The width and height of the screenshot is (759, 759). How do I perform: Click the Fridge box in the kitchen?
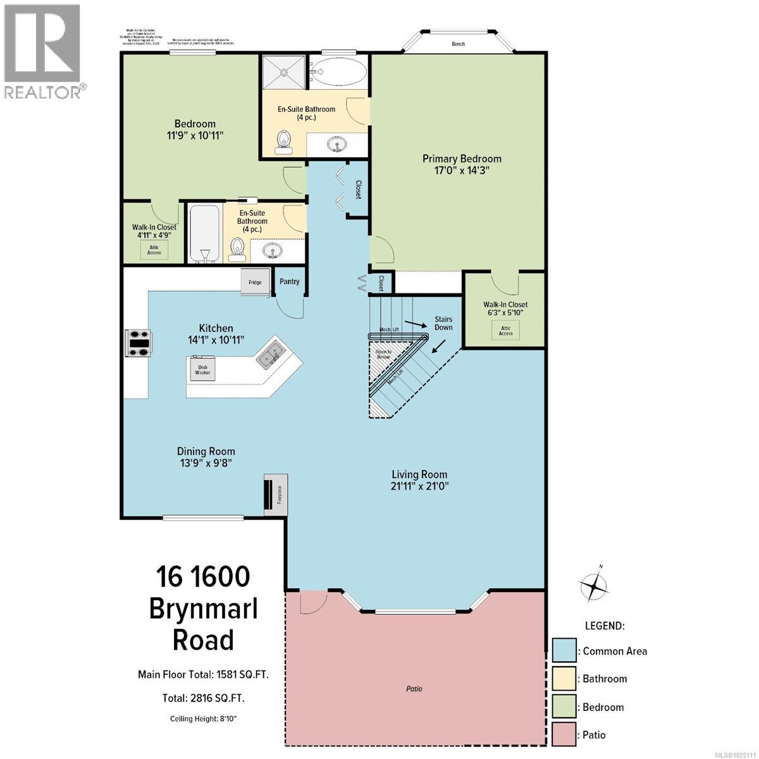(x=255, y=282)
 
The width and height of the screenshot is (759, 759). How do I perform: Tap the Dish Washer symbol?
(x=202, y=369)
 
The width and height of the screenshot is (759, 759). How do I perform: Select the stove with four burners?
(x=139, y=343)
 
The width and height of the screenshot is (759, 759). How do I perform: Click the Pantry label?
(x=290, y=281)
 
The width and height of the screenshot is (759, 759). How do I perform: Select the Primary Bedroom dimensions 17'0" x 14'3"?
(x=462, y=170)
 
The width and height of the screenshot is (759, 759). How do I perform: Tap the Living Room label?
(x=419, y=474)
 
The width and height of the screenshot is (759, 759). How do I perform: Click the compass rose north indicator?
(x=596, y=585)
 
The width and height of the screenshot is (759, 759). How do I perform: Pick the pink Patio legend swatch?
(x=564, y=734)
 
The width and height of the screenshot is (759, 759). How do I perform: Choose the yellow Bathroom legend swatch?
(x=564, y=679)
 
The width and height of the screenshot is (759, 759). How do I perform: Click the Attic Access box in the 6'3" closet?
(x=505, y=330)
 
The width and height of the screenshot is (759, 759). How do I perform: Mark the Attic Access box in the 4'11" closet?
(x=154, y=249)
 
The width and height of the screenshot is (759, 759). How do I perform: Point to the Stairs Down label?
(x=443, y=323)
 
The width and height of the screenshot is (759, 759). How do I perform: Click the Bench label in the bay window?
(x=459, y=44)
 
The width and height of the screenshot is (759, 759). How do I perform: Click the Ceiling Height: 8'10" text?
(x=204, y=719)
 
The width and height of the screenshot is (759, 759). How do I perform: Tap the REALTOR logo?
(x=42, y=51)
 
